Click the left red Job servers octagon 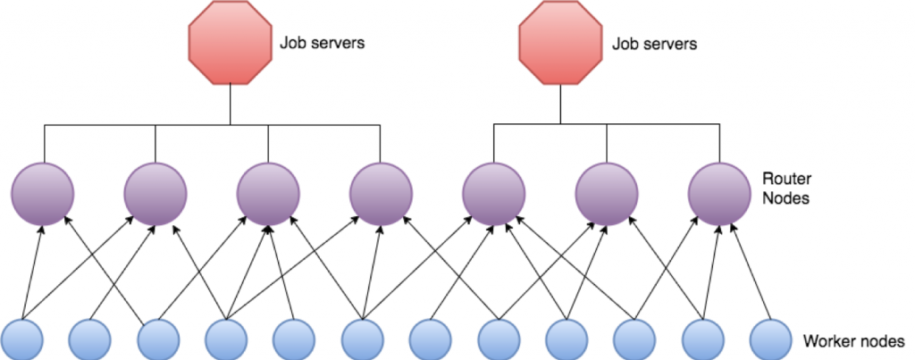point(230,43)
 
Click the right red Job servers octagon point(560,43)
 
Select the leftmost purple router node point(43,193)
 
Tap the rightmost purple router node point(719,193)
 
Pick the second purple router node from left point(155,193)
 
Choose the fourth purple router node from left point(381,193)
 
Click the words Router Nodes point(786,188)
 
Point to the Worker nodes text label point(853,341)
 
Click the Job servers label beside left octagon point(323,43)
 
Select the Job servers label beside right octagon point(653,43)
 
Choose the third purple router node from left point(268,193)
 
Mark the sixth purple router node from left point(607,193)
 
